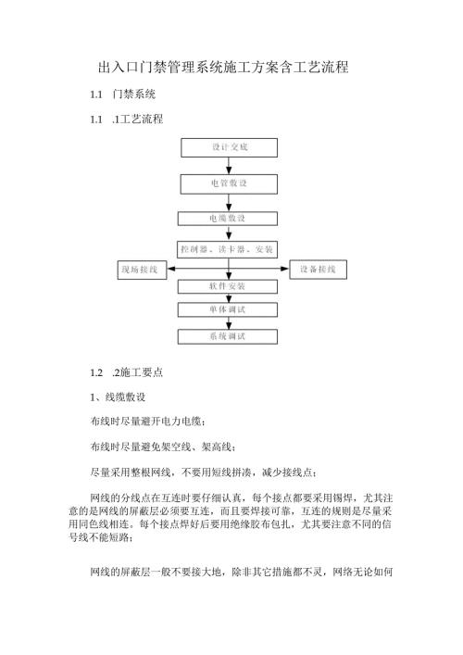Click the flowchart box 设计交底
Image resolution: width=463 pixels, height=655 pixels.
pos(227,147)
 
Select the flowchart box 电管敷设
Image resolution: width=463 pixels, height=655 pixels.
pos(227,183)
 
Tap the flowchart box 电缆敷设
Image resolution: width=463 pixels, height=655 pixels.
pos(227,219)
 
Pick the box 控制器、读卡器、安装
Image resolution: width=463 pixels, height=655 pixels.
pos(227,249)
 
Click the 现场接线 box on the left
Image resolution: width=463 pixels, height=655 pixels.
pos(140,270)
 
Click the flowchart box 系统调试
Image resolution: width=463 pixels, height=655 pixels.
pos(227,336)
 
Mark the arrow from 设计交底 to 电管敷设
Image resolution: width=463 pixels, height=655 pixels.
pos(228,166)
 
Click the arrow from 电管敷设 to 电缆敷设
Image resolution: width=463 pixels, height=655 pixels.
pos(228,201)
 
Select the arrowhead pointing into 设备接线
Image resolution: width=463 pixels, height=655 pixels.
pos(286,270)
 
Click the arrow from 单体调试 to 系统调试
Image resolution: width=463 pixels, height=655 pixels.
pos(228,321)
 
